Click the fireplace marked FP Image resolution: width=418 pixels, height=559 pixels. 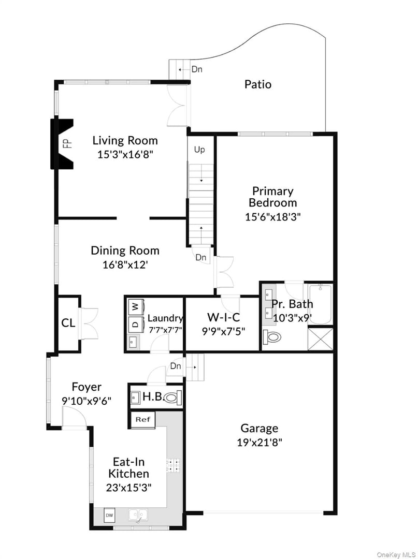(62, 143)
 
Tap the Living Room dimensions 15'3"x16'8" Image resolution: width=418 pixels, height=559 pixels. (125, 154)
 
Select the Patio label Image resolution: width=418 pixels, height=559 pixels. (257, 84)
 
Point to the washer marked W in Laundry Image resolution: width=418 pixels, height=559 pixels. (135, 306)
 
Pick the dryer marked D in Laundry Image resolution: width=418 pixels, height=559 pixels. (135, 325)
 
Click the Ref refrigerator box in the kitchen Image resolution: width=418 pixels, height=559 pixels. (142, 419)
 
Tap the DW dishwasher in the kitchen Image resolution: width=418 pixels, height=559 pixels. (110, 515)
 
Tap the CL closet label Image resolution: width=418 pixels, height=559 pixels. (68, 323)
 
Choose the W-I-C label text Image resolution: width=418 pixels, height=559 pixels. (223, 317)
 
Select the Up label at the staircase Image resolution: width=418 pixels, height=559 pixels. (199, 150)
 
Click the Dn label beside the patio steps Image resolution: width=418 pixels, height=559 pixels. (196, 69)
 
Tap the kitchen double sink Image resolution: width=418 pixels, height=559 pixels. (138, 515)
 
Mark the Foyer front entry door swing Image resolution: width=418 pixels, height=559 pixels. (70, 416)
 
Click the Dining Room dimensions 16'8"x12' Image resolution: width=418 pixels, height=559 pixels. (124, 264)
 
